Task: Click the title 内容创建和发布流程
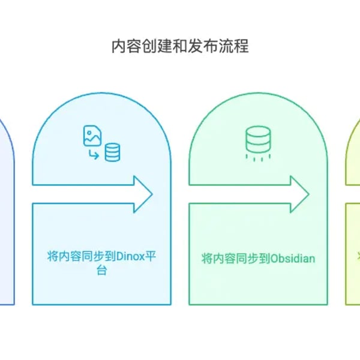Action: pyautogui.click(x=180, y=47)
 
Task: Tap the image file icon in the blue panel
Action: pyautogui.click(x=92, y=136)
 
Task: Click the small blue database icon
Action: pyautogui.click(x=112, y=153)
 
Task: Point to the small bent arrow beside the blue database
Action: pyautogui.click(x=94, y=155)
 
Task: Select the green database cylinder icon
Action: pyautogui.click(x=258, y=140)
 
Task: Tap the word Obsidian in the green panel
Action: pyautogui.click(x=293, y=259)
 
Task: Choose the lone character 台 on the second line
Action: pyautogui.click(x=101, y=271)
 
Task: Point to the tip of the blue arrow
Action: pyautogui.click(x=152, y=194)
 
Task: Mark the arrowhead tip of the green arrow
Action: pyautogui.click(x=308, y=194)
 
